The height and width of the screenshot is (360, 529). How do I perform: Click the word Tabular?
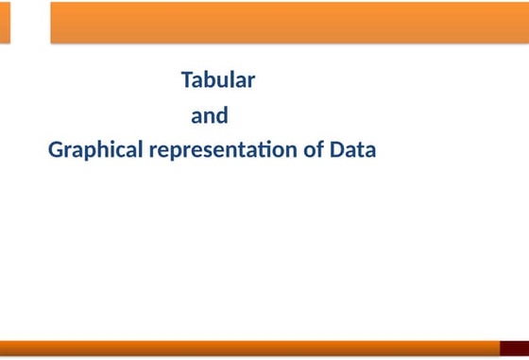(217, 80)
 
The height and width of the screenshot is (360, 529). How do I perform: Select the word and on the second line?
(210, 117)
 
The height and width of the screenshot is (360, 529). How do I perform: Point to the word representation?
(225, 149)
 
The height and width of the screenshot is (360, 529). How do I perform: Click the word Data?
(352, 149)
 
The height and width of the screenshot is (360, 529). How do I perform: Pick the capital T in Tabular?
(186, 80)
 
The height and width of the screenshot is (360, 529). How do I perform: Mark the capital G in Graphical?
(55, 149)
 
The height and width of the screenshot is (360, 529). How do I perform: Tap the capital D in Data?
(337, 149)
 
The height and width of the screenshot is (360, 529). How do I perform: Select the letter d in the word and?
(222, 117)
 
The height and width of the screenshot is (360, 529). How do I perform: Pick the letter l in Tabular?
(232, 80)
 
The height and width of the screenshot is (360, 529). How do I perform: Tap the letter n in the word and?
(210, 118)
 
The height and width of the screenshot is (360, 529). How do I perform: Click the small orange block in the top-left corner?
(5, 22)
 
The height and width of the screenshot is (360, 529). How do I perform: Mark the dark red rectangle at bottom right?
(514, 349)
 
